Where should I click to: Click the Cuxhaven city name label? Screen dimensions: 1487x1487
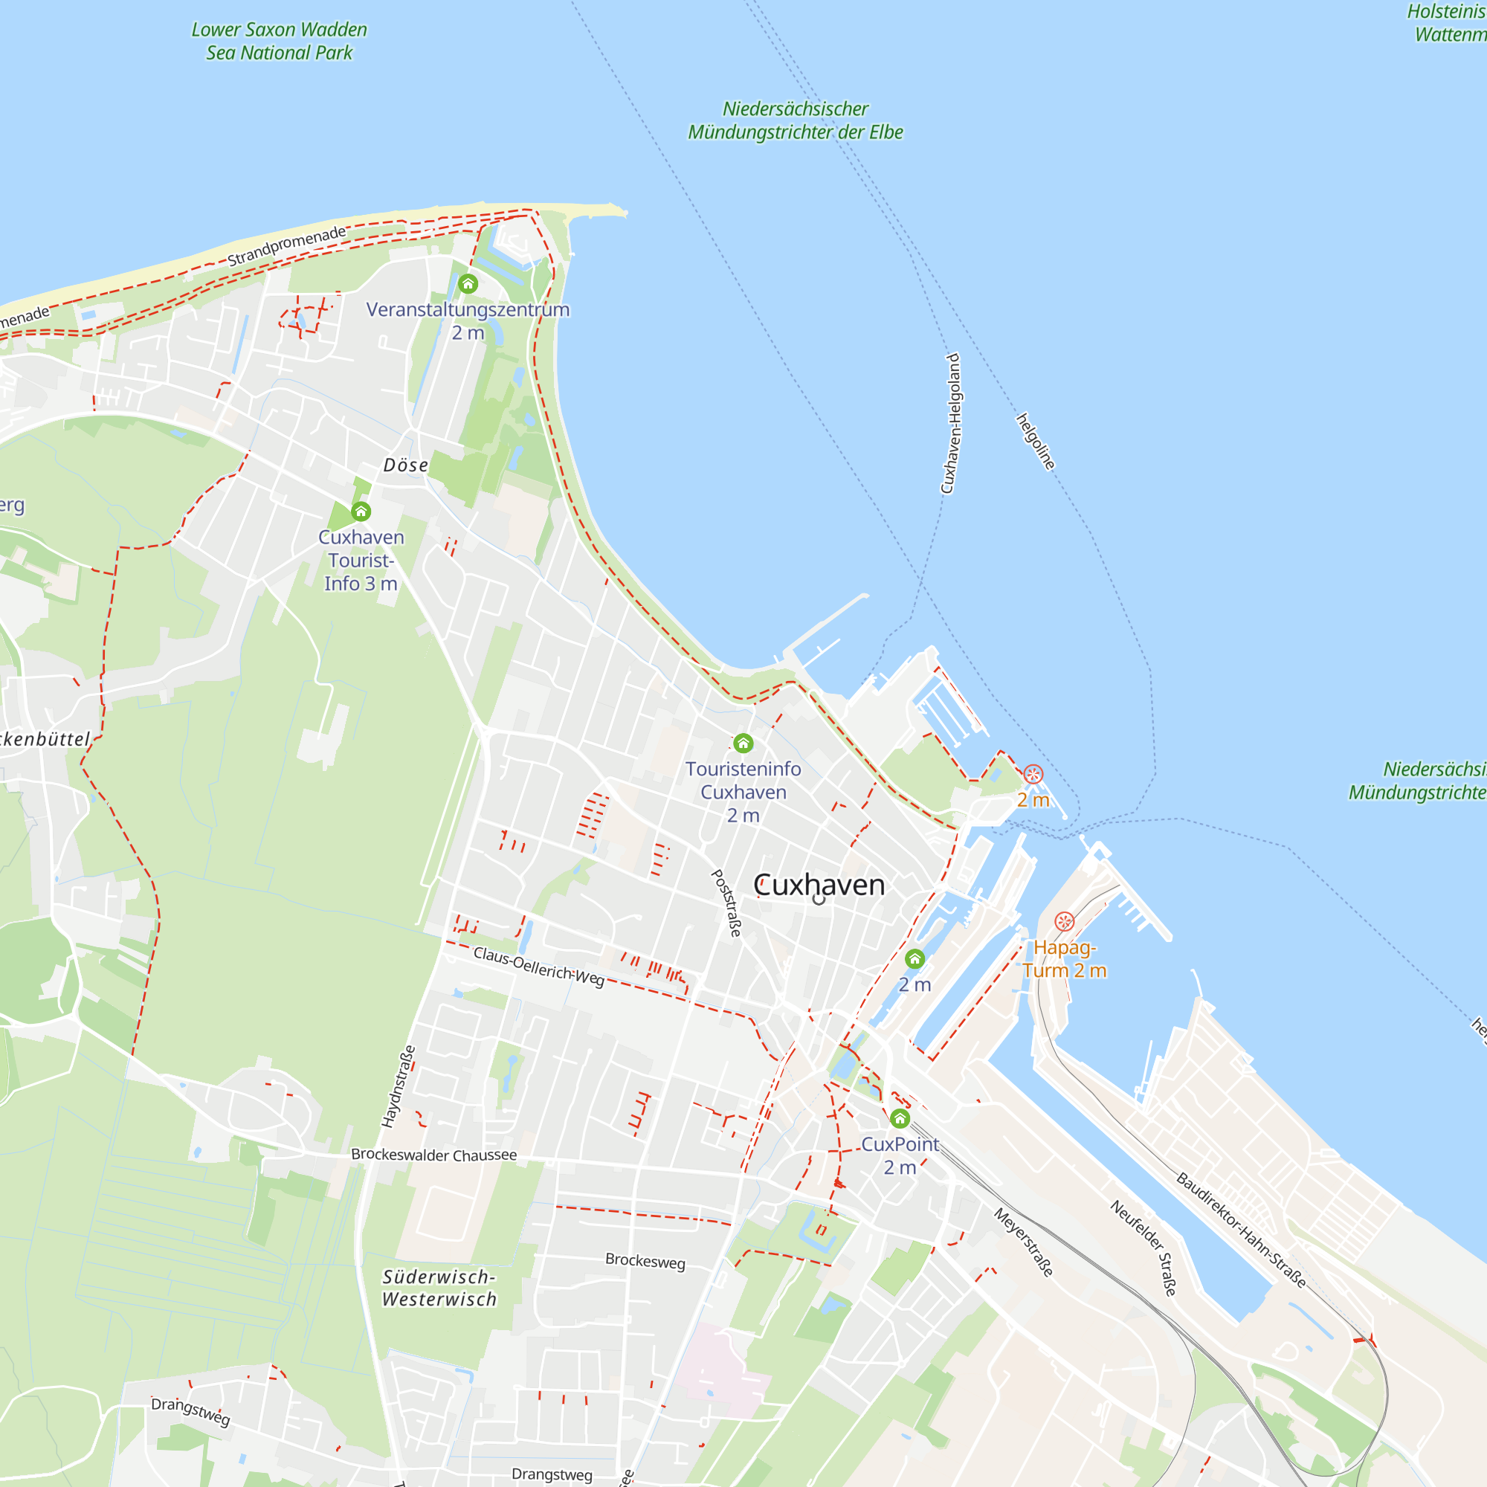pos(819,885)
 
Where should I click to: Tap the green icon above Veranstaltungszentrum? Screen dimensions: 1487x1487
pos(468,284)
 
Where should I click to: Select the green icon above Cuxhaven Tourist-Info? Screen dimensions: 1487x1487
pos(361,511)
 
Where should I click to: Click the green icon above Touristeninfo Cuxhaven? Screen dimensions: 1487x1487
pos(743,743)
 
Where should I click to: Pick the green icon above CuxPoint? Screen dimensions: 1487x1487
pos(900,1117)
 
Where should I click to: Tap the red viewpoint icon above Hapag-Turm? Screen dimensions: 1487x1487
pos(1065,920)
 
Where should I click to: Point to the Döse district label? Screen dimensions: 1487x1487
pos(406,465)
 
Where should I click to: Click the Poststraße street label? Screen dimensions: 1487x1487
pos(726,903)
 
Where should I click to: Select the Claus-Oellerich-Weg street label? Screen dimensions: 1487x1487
pos(539,966)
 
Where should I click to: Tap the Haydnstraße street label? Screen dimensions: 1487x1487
pos(399,1086)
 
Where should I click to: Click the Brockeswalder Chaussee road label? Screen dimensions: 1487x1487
pos(434,1155)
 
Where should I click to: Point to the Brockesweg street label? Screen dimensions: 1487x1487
pos(645,1261)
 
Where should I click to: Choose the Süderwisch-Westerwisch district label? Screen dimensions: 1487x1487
pos(439,1288)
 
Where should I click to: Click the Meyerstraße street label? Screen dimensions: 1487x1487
pos(1024,1242)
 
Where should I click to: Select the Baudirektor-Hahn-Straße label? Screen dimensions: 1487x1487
pos(1242,1230)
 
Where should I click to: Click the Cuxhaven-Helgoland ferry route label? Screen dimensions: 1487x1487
pos(952,423)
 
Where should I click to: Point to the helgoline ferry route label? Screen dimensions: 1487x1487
pos(1036,442)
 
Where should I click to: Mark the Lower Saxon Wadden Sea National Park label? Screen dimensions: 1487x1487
pos(280,41)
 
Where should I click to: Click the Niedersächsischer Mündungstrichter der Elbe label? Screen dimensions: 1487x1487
pos(795,120)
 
